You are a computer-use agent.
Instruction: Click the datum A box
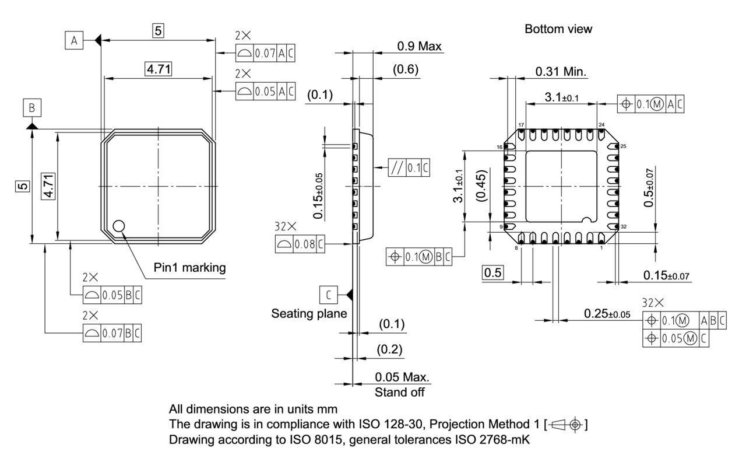(73, 40)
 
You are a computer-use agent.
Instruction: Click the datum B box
(31, 108)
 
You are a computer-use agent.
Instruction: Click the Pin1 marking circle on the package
(119, 226)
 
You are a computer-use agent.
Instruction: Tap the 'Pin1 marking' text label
(189, 268)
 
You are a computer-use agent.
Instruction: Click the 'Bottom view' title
(558, 29)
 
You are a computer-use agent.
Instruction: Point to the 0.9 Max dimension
(419, 45)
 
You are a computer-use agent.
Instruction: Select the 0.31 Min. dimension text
(561, 72)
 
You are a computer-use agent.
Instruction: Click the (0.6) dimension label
(405, 69)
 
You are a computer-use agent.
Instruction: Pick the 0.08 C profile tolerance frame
(299, 245)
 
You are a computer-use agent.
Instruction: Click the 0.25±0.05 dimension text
(607, 314)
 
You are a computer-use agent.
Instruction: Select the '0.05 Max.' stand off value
(402, 377)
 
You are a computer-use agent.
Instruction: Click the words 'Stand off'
(399, 392)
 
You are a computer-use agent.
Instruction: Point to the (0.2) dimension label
(390, 349)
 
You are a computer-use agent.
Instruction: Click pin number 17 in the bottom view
(521, 125)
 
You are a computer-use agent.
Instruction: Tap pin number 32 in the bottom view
(623, 226)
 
